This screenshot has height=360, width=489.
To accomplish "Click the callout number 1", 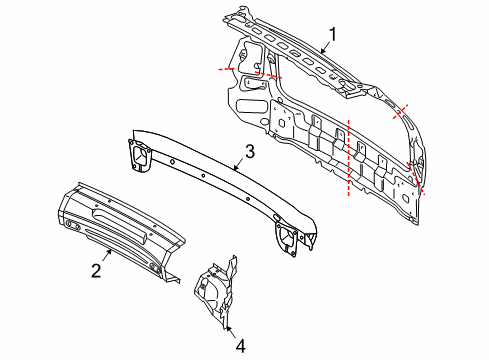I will (332, 33).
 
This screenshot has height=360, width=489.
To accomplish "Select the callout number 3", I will (251, 152).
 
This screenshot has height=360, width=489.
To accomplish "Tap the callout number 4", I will (239, 345).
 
